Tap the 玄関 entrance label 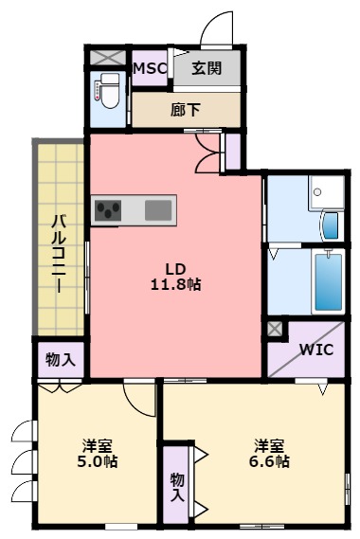207,67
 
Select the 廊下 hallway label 186,110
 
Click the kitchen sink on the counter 158,209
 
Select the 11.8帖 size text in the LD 175,283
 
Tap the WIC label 315,349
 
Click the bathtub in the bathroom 327,280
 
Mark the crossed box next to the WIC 275,329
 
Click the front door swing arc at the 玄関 220,27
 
